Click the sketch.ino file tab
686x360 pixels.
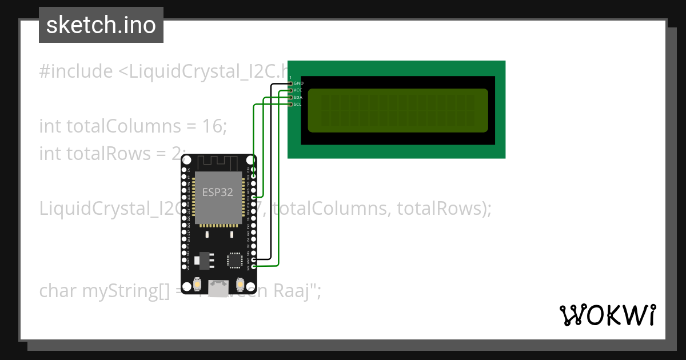101,25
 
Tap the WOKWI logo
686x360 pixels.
607,315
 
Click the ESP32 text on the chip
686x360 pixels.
217,193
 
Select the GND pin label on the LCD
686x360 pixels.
298,83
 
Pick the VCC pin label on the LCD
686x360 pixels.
298,90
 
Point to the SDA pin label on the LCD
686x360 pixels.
298,97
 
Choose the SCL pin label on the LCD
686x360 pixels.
298,104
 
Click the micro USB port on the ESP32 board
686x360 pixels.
218,288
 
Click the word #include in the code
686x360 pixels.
76,72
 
